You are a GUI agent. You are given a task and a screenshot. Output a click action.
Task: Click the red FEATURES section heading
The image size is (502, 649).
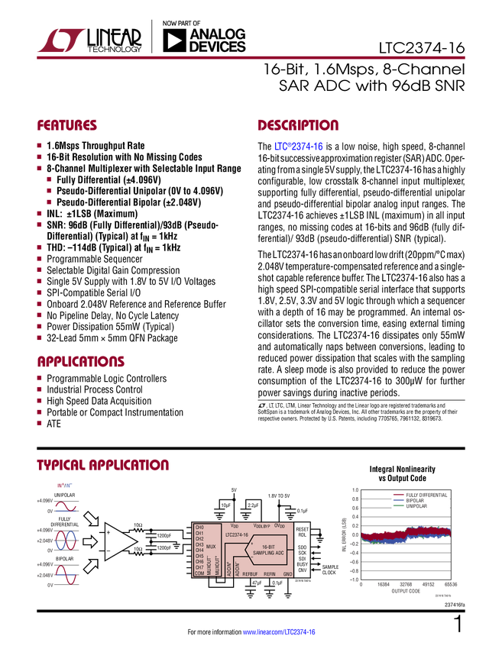coord(67,126)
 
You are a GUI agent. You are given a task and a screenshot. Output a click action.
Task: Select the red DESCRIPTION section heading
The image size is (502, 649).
coord(298,126)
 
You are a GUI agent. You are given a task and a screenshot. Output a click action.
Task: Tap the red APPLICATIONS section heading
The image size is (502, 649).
coord(81,363)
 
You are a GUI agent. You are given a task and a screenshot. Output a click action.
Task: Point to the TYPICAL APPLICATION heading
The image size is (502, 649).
coord(102,465)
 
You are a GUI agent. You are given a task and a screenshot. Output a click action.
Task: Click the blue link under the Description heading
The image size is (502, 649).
coord(299,147)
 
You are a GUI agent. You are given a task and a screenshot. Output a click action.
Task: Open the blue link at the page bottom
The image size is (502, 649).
coord(280,632)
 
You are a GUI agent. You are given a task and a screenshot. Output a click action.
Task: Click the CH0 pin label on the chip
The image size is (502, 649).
coord(199,528)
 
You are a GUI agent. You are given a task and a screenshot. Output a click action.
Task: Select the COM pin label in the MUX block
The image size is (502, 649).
coord(199,573)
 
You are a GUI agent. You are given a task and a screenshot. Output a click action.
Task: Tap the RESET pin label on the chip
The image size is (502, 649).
coord(303,528)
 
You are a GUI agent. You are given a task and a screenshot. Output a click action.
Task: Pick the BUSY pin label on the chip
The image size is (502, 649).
coord(303,564)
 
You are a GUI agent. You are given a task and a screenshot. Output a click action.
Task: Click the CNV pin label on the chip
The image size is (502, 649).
coord(303,570)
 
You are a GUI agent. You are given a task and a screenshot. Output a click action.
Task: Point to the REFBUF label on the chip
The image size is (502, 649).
coord(250,573)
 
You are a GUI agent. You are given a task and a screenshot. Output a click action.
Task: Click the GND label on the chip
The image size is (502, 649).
coord(287,573)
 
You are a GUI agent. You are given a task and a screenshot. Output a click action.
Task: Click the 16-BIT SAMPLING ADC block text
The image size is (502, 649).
coord(268,550)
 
